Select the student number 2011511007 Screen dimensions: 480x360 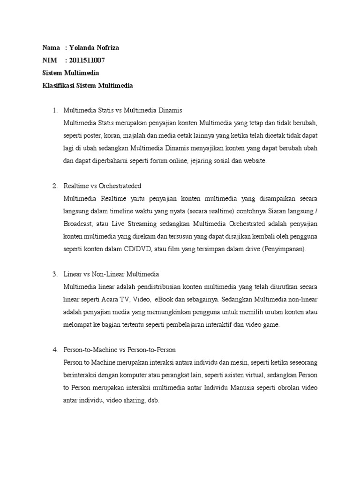tap(87, 60)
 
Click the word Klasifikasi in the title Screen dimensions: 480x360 tap(58, 86)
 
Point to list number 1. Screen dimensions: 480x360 tap(54, 111)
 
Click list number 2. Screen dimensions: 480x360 tap(54, 186)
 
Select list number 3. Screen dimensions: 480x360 tap(54, 274)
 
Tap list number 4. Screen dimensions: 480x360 tap(54, 350)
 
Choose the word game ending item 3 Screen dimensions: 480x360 tap(271, 325)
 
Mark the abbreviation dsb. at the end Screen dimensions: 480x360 tap(154, 401)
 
